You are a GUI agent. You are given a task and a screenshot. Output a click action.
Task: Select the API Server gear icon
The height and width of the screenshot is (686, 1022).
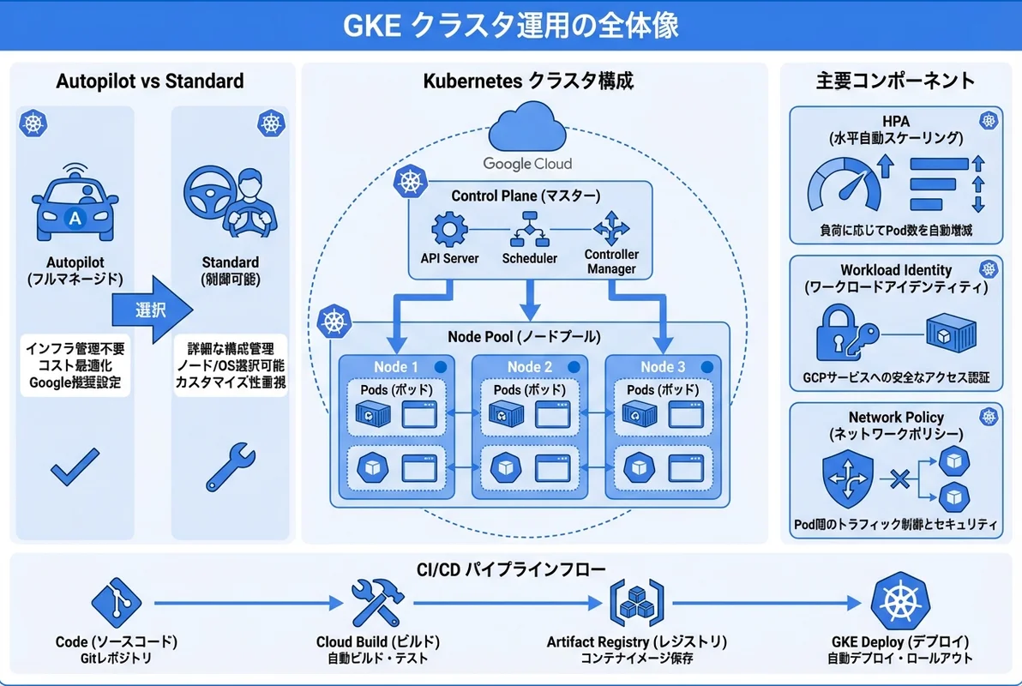click(448, 231)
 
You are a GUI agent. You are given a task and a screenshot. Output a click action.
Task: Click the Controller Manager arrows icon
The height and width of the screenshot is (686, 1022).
click(611, 229)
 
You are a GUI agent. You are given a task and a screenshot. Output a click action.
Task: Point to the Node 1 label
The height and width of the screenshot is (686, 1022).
click(396, 367)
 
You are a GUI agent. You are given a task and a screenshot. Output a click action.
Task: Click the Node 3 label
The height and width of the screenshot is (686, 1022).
click(663, 367)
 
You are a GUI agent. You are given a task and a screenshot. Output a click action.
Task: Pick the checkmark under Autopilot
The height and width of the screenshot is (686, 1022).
click(75, 469)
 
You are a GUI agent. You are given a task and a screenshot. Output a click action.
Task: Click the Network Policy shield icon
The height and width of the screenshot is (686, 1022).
click(847, 478)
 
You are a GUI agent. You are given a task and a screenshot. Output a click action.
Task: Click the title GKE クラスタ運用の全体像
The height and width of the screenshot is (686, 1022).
click(511, 26)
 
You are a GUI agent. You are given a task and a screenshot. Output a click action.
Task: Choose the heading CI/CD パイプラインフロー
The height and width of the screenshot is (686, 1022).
click(510, 568)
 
